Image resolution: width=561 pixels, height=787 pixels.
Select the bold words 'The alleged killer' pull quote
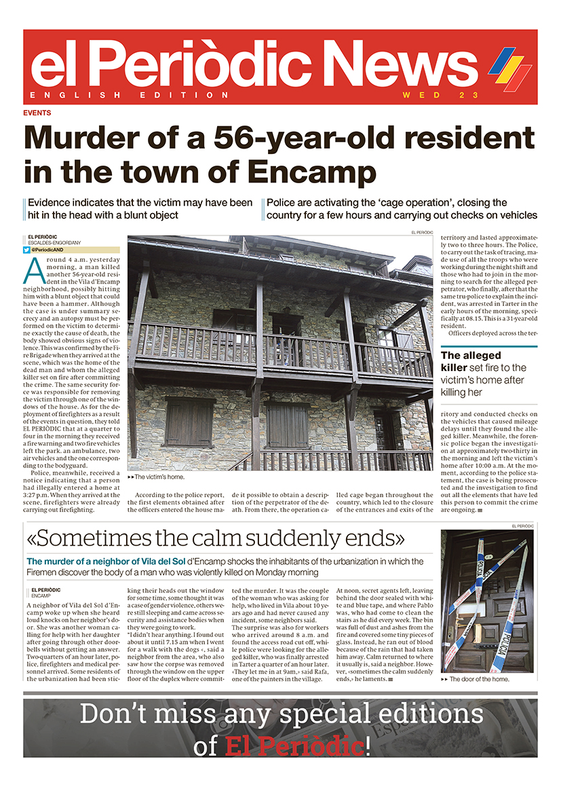pos(471,361)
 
